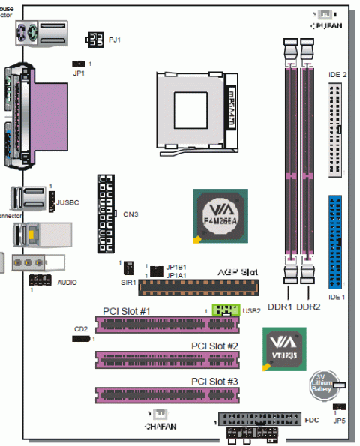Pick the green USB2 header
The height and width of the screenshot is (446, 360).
pos(226,309)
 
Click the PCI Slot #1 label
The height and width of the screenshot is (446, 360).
pos(127,311)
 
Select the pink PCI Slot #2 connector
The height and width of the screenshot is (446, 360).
pos(166,358)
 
